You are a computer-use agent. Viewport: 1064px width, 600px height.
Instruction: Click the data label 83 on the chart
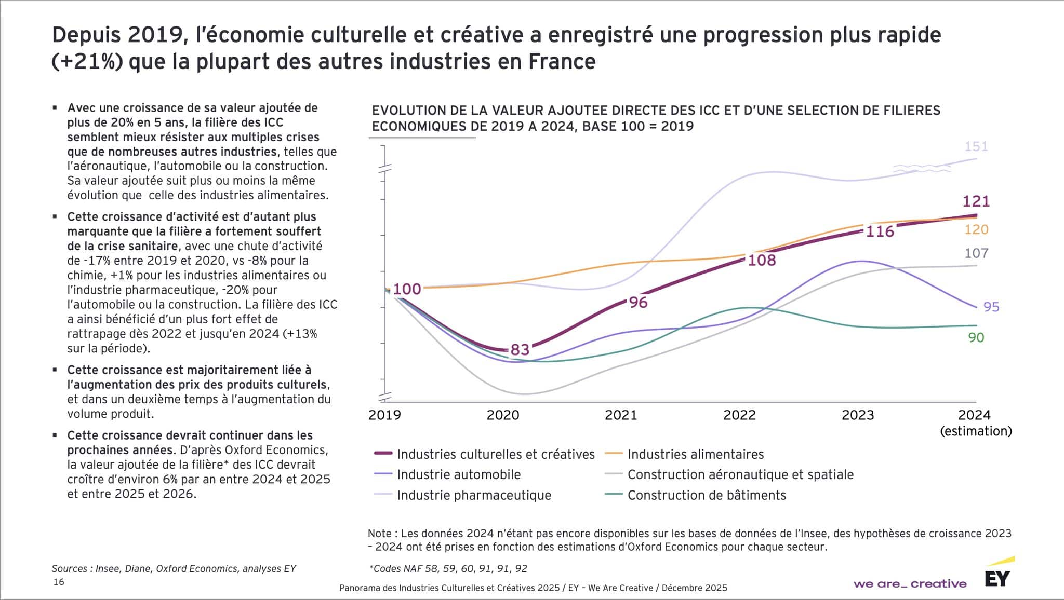point(520,349)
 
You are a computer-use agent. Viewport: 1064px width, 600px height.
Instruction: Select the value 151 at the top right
point(976,146)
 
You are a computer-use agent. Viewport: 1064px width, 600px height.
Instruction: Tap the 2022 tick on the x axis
point(739,415)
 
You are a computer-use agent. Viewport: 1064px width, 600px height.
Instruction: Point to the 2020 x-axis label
point(502,415)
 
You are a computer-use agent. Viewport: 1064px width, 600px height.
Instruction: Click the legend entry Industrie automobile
point(458,474)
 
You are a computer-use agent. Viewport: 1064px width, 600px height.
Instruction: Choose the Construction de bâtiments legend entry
point(707,495)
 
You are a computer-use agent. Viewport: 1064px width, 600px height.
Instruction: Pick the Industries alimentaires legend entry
point(695,454)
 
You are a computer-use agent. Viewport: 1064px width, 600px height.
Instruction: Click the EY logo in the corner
point(997,578)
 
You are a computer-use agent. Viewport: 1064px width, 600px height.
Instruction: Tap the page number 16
point(59,582)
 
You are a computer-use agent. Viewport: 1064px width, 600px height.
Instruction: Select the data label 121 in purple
point(976,201)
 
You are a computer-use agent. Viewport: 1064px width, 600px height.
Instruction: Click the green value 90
point(976,337)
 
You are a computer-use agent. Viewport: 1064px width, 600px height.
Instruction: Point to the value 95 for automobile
point(991,307)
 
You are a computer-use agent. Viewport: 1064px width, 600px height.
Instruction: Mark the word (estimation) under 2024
point(976,431)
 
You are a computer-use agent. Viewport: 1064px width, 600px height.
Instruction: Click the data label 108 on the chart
point(761,260)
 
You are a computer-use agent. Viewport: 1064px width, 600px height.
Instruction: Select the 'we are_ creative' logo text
point(910,584)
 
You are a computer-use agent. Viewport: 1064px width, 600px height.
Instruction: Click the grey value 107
point(976,253)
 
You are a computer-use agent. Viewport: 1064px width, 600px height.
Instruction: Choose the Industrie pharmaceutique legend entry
point(474,495)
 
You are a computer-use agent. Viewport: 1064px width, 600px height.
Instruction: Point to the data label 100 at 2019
point(407,289)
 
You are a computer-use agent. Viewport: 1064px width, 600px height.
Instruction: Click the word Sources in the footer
point(70,568)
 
